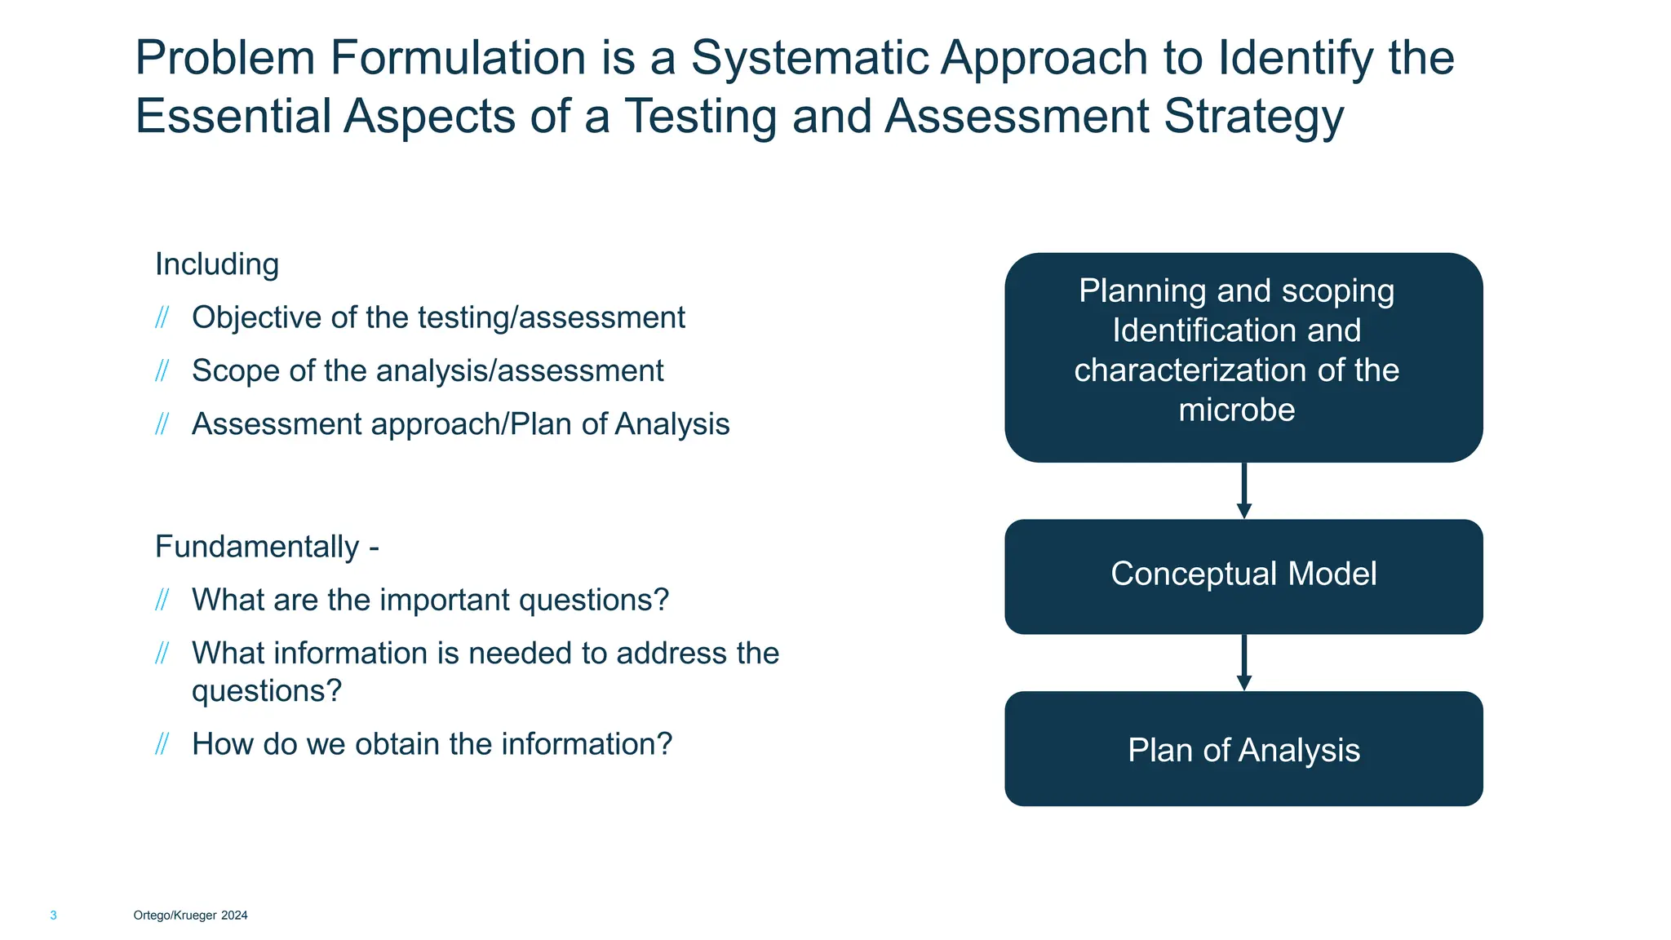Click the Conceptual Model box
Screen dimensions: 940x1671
1243,575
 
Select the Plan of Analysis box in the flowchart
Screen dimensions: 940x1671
1243,749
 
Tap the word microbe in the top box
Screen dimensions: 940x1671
1236,410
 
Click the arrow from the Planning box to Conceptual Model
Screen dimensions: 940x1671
1243,490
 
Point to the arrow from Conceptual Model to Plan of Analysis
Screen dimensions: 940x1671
1243,662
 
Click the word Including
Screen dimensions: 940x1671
217,264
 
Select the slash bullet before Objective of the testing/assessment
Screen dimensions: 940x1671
162,317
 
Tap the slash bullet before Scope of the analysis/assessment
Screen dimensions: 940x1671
162,371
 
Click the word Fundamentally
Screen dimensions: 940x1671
257,547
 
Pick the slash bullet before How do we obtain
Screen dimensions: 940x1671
162,744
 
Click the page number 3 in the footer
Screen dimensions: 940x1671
54,916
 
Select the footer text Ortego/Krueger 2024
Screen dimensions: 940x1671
190,916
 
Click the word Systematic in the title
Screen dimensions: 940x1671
809,59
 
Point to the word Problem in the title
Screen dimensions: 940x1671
225,59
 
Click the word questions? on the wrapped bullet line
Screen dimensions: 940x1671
266,691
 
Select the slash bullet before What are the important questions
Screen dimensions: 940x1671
162,601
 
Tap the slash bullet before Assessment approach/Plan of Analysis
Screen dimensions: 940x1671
162,424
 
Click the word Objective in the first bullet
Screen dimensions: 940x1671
256,317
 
